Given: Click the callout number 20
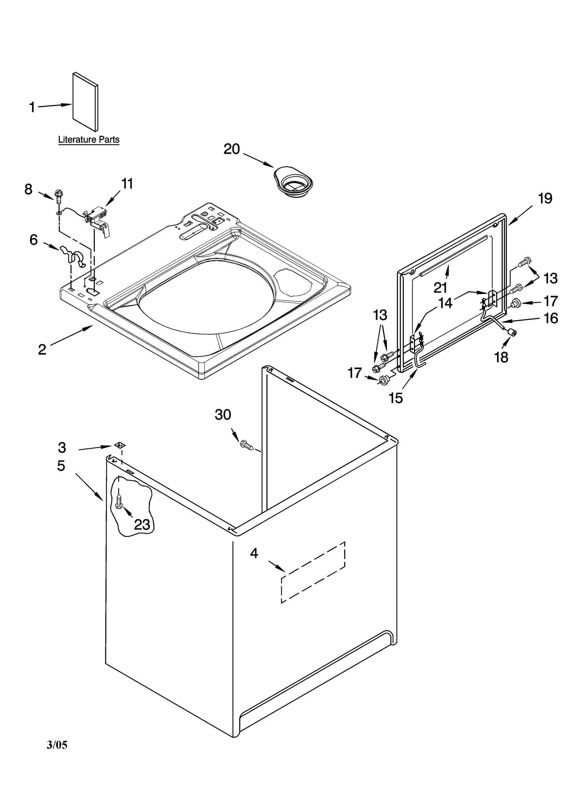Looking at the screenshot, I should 231,149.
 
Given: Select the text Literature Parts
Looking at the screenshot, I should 89,140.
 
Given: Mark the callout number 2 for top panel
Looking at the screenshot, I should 42,349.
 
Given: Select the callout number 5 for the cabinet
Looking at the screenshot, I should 61,466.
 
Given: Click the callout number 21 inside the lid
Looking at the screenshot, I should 440,288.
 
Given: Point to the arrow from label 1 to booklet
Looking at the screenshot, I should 54,106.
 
